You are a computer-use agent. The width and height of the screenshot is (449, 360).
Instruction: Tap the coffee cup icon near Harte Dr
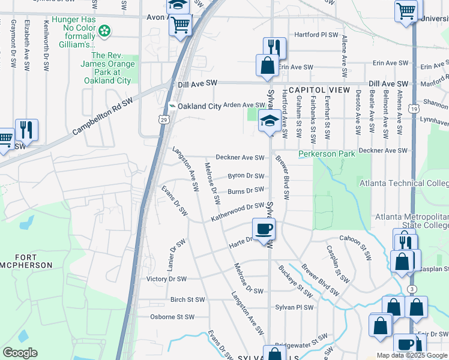[264, 229]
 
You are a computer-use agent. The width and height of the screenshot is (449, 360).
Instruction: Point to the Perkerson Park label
[327, 154]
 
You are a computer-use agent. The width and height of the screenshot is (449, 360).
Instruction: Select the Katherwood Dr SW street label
[237, 212]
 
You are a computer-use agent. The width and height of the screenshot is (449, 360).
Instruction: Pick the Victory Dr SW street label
[166, 279]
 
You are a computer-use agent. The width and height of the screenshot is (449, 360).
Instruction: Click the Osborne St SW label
[173, 317]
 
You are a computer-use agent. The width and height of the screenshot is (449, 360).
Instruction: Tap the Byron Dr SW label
[246, 176]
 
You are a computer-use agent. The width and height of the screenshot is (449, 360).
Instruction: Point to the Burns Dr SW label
[246, 191]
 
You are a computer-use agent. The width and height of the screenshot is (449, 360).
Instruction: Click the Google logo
[20, 353]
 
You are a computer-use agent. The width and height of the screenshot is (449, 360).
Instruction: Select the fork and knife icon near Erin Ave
[275, 47]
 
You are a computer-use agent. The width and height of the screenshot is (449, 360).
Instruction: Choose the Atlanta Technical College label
[403, 183]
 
